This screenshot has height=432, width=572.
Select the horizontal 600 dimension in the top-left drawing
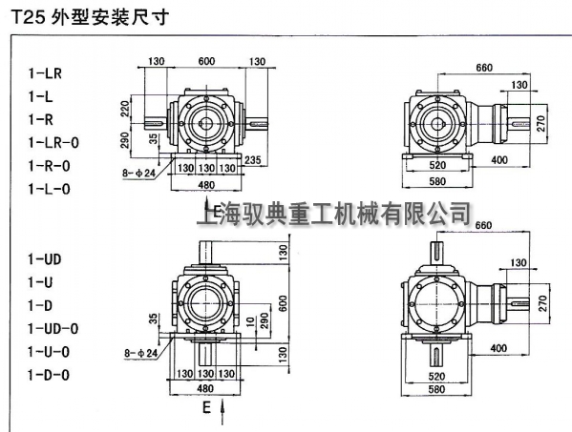(x=206, y=62)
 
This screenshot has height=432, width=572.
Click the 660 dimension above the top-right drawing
(x=484, y=67)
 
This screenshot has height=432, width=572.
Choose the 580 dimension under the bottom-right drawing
(x=436, y=388)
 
